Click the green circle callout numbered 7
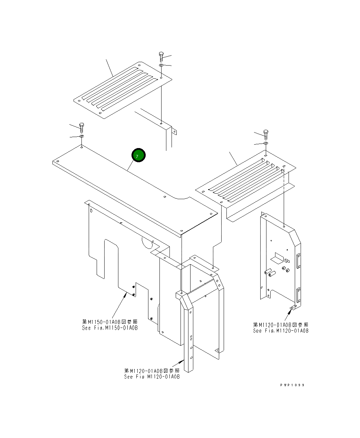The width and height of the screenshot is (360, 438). click(138, 156)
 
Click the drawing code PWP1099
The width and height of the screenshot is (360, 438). click(292, 385)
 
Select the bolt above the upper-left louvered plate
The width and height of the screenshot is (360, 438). click(161, 57)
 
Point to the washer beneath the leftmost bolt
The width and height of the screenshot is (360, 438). click(81, 137)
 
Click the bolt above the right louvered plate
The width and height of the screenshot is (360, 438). click(265, 134)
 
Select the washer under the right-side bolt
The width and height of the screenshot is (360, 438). click(265, 143)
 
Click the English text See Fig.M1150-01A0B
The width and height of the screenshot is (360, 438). click(110, 328)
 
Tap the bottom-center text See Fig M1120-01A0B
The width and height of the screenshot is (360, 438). click(152, 377)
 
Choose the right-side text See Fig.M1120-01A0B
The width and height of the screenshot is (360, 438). click(281, 331)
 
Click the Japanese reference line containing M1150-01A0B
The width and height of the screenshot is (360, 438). click(110, 322)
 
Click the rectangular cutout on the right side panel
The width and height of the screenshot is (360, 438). click(278, 257)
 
